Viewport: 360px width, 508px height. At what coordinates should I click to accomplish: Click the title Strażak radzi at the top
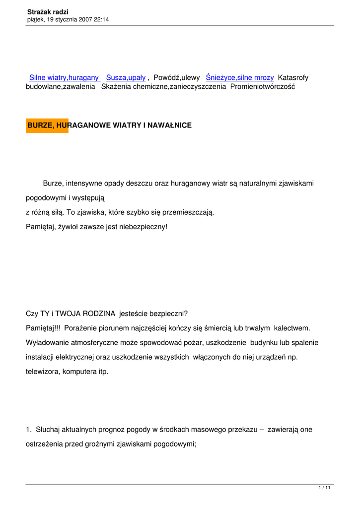48,11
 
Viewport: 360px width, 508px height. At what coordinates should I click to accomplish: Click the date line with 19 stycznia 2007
68,19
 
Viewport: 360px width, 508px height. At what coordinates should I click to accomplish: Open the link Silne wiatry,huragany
64,78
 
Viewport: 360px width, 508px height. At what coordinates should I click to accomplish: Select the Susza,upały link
126,78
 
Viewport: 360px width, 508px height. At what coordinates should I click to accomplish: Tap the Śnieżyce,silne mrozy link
240,78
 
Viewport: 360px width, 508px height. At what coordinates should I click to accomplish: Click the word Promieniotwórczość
263,86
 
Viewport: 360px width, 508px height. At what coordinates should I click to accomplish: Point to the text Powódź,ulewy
177,78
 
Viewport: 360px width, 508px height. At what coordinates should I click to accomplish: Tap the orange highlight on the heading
47,126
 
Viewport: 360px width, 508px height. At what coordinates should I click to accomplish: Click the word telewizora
43,371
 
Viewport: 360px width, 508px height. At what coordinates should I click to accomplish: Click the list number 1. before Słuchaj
28,430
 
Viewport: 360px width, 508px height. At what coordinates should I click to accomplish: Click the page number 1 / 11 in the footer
324,488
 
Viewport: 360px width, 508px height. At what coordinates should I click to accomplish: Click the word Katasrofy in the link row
293,78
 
